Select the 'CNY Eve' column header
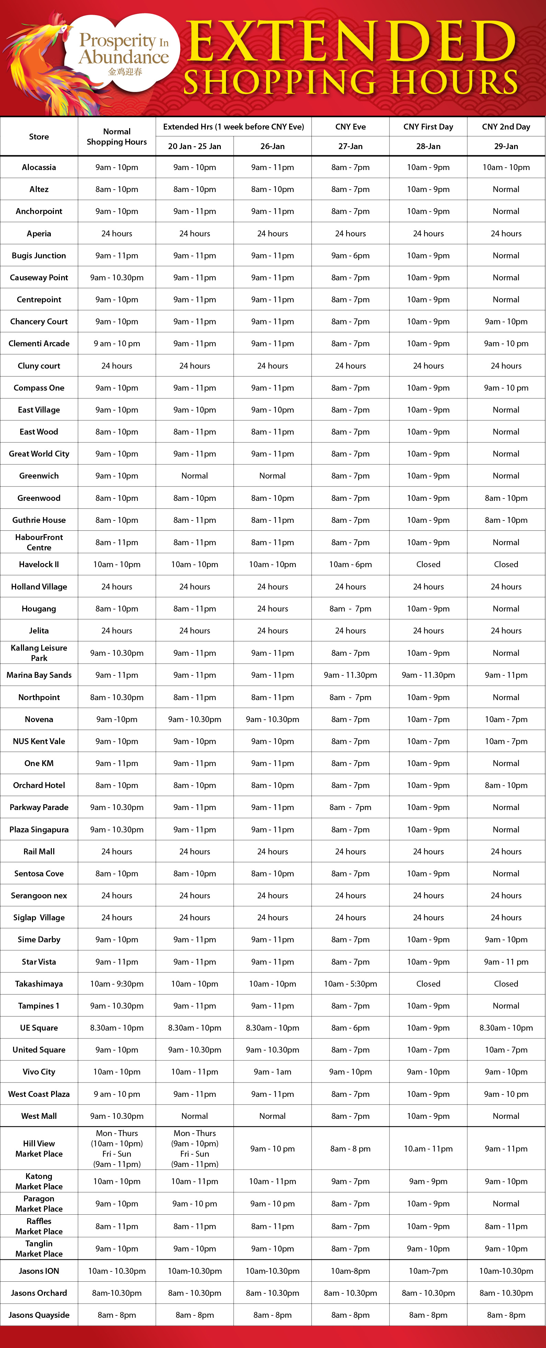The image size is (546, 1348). tap(350, 127)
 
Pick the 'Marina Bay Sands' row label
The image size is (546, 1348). tap(39, 675)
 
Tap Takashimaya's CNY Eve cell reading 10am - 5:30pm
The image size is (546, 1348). tap(350, 984)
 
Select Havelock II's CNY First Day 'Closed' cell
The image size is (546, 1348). tap(428, 564)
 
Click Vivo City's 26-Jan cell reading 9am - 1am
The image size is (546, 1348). tap(272, 1072)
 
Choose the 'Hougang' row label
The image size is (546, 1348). tap(39, 609)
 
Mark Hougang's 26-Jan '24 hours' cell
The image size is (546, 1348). tap(272, 609)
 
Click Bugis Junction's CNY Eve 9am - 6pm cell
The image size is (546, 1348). tap(350, 255)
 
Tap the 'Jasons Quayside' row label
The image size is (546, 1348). tap(39, 1315)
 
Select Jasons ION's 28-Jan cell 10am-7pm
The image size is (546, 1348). tap(428, 1271)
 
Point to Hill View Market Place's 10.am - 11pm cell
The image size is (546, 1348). tap(428, 1149)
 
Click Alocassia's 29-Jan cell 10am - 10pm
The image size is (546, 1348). tap(506, 167)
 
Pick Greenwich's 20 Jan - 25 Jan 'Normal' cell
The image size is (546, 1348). tap(195, 476)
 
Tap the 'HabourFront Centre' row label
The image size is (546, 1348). tap(39, 542)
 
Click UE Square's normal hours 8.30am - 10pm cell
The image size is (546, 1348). tap(117, 1028)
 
